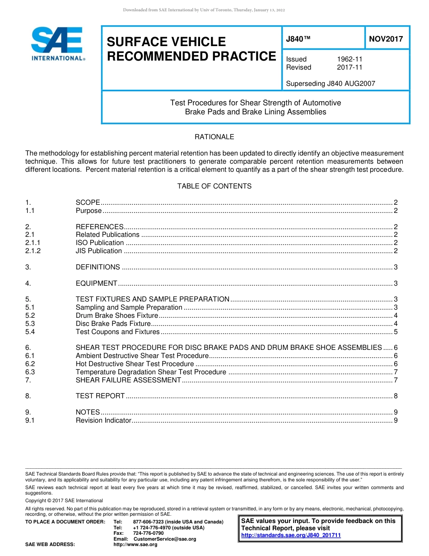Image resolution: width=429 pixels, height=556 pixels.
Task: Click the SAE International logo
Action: tap(57, 44)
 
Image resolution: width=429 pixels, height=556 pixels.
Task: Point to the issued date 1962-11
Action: tap(350, 59)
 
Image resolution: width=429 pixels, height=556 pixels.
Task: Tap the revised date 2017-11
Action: tap(350, 67)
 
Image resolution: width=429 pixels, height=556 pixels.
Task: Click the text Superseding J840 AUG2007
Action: tap(331, 84)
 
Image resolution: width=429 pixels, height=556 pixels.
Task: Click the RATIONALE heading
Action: tap(214, 137)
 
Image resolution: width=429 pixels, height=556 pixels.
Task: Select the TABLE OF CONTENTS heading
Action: tap(214, 186)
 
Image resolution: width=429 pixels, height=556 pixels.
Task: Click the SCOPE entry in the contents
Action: tap(88, 203)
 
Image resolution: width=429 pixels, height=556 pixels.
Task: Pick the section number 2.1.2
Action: tap(33, 251)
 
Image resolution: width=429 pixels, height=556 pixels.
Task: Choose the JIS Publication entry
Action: tap(99, 251)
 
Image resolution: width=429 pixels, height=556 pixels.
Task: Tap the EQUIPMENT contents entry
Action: tap(97, 283)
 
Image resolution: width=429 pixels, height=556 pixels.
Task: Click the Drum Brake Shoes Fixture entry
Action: tap(117, 316)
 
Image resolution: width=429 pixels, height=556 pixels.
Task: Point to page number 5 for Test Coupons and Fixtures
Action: tap(396, 332)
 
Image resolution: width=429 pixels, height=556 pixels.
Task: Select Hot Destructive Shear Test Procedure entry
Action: tap(135, 364)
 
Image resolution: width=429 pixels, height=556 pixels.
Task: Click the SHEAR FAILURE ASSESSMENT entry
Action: tap(128, 380)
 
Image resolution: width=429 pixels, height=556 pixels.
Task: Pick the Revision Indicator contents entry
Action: tap(103, 420)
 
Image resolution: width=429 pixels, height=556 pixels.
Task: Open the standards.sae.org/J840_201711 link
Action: tap(291, 535)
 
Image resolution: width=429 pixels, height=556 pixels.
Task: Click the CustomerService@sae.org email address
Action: tap(165, 539)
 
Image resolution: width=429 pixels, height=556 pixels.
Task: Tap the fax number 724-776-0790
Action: tap(148, 533)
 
